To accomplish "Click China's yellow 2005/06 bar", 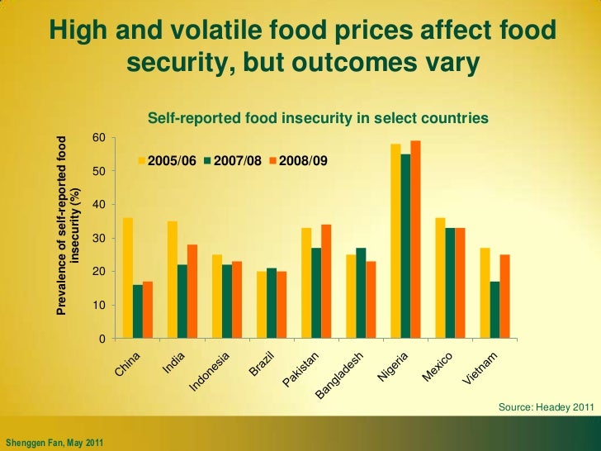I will (x=128, y=278).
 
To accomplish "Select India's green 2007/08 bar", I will (x=182, y=301).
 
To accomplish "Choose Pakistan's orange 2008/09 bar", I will (x=326, y=282).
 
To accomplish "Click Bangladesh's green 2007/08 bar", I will (x=361, y=293).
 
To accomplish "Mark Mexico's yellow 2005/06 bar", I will (x=440, y=278).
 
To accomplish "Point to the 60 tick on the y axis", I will (x=98, y=137).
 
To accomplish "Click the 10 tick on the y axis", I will (x=98, y=306).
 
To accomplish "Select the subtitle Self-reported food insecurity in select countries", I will (x=318, y=120).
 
